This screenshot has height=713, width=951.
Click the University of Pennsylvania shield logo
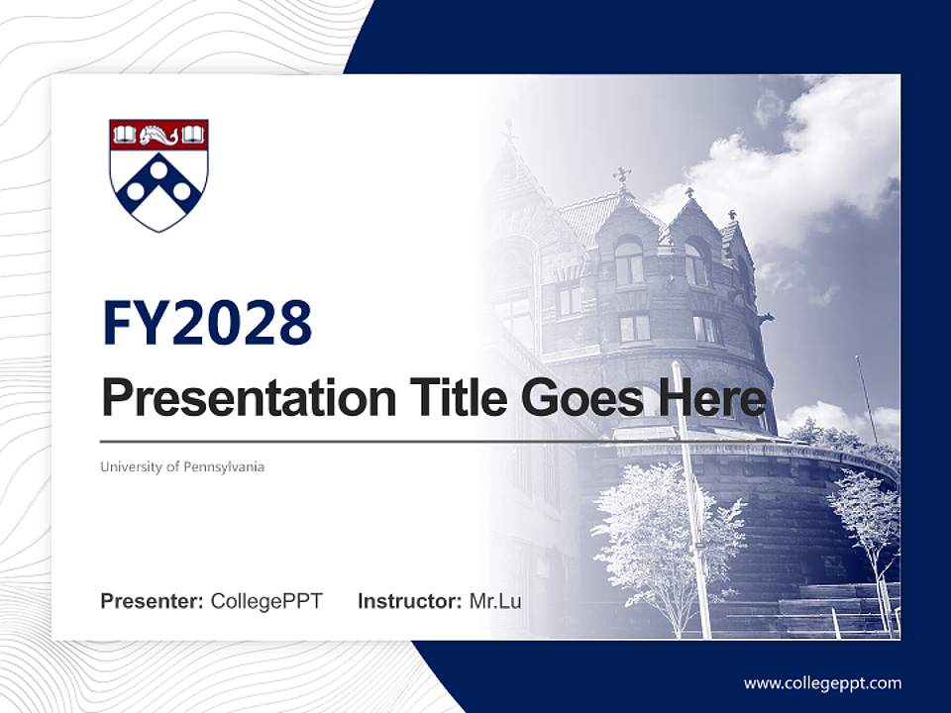[x=158, y=174]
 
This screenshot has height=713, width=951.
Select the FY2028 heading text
[x=207, y=323]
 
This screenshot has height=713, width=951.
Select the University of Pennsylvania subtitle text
[x=182, y=466]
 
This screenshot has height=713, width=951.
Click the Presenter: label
[x=153, y=601]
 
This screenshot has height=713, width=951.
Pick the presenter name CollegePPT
[x=266, y=601]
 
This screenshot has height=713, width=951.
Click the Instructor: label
[x=409, y=601]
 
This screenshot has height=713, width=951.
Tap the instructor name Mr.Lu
[x=495, y=601]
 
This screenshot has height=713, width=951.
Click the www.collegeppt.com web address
[x=822, y=682]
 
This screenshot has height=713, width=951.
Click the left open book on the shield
[x=123, y=134]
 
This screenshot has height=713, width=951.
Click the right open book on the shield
[x=194, y=134]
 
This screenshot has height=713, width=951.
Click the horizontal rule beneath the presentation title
[x=396, y=442]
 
